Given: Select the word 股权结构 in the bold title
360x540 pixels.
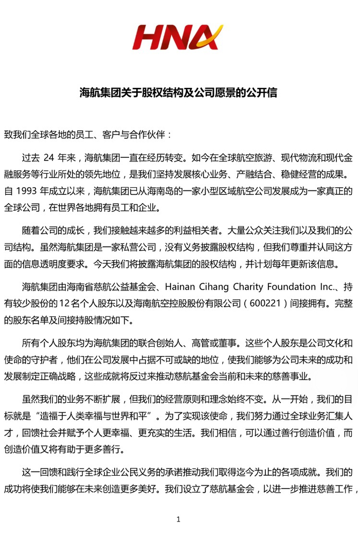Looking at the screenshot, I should [157, 93].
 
